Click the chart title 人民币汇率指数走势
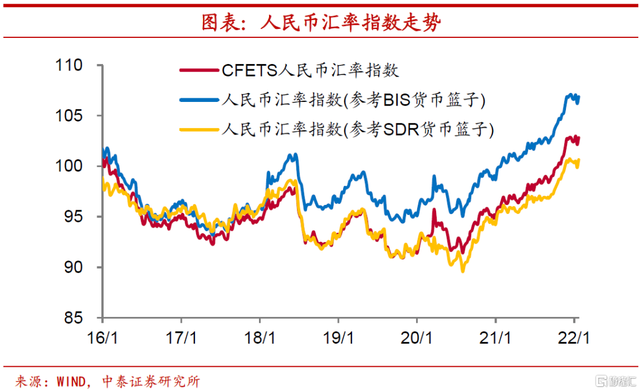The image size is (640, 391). pyautogui.click(x=321, y=23)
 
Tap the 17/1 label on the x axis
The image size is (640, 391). pyautogui.click(x=183, y=338)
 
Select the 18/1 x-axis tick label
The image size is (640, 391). pyautogui.click(x=261, y=338)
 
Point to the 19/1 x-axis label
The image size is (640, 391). pyautogui.click(x=339, y=338)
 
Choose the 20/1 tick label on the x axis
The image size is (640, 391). pyautogui.click(x=417, y=338)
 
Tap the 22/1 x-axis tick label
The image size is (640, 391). pyautogui.click(x=574, y=338)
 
